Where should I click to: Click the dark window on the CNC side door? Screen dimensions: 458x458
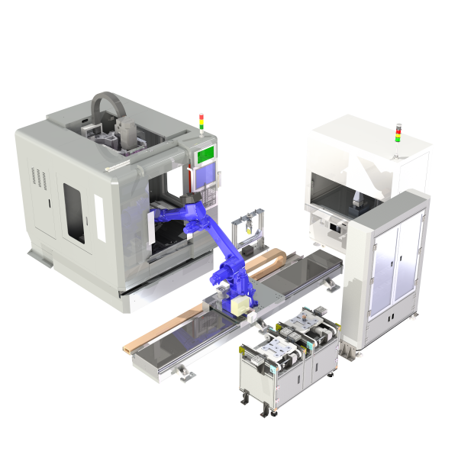pos(73,211)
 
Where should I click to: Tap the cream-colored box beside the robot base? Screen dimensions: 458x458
pos(242,305)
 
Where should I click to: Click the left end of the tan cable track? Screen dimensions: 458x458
pos(129,348)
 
